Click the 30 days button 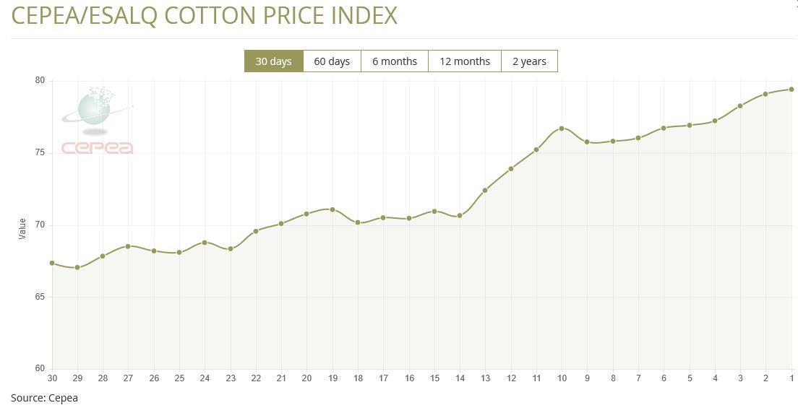coord(273,61)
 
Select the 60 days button coord(332,61)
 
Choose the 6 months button coord(395,61)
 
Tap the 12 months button coord(465,61)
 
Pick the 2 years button coord(529,61)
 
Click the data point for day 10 coord(562,129)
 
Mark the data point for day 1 coord(791,90)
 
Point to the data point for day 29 coord(77,267)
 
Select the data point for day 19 coord(332,209)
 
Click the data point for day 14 coord(460,215)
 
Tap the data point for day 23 coord(231,248)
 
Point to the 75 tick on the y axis coord(40,153)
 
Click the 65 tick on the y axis coord(40,297)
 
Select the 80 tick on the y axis coord(40,81)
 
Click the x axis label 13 coord(485,378)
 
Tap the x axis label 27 coord(128,378)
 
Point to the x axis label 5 coord(690,378)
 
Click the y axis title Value coord(22,229)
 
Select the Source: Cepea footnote coord(44,398)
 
